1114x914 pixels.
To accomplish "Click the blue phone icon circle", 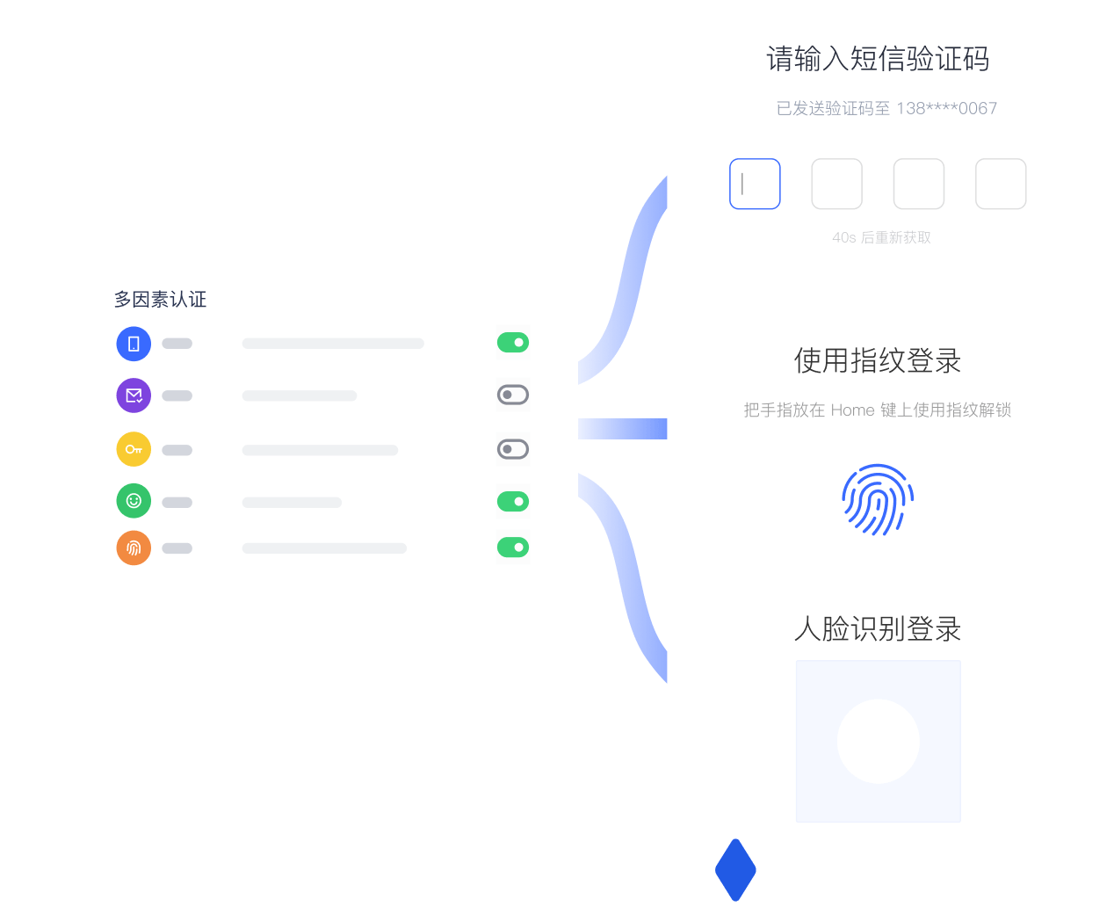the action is point(134,343).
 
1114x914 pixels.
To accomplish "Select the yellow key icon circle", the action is point(134,448).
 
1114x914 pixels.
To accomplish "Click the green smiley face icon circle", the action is point(134,499).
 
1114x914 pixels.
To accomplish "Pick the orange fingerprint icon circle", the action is point(134,547).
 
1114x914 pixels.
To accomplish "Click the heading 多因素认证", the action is point(160,299).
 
